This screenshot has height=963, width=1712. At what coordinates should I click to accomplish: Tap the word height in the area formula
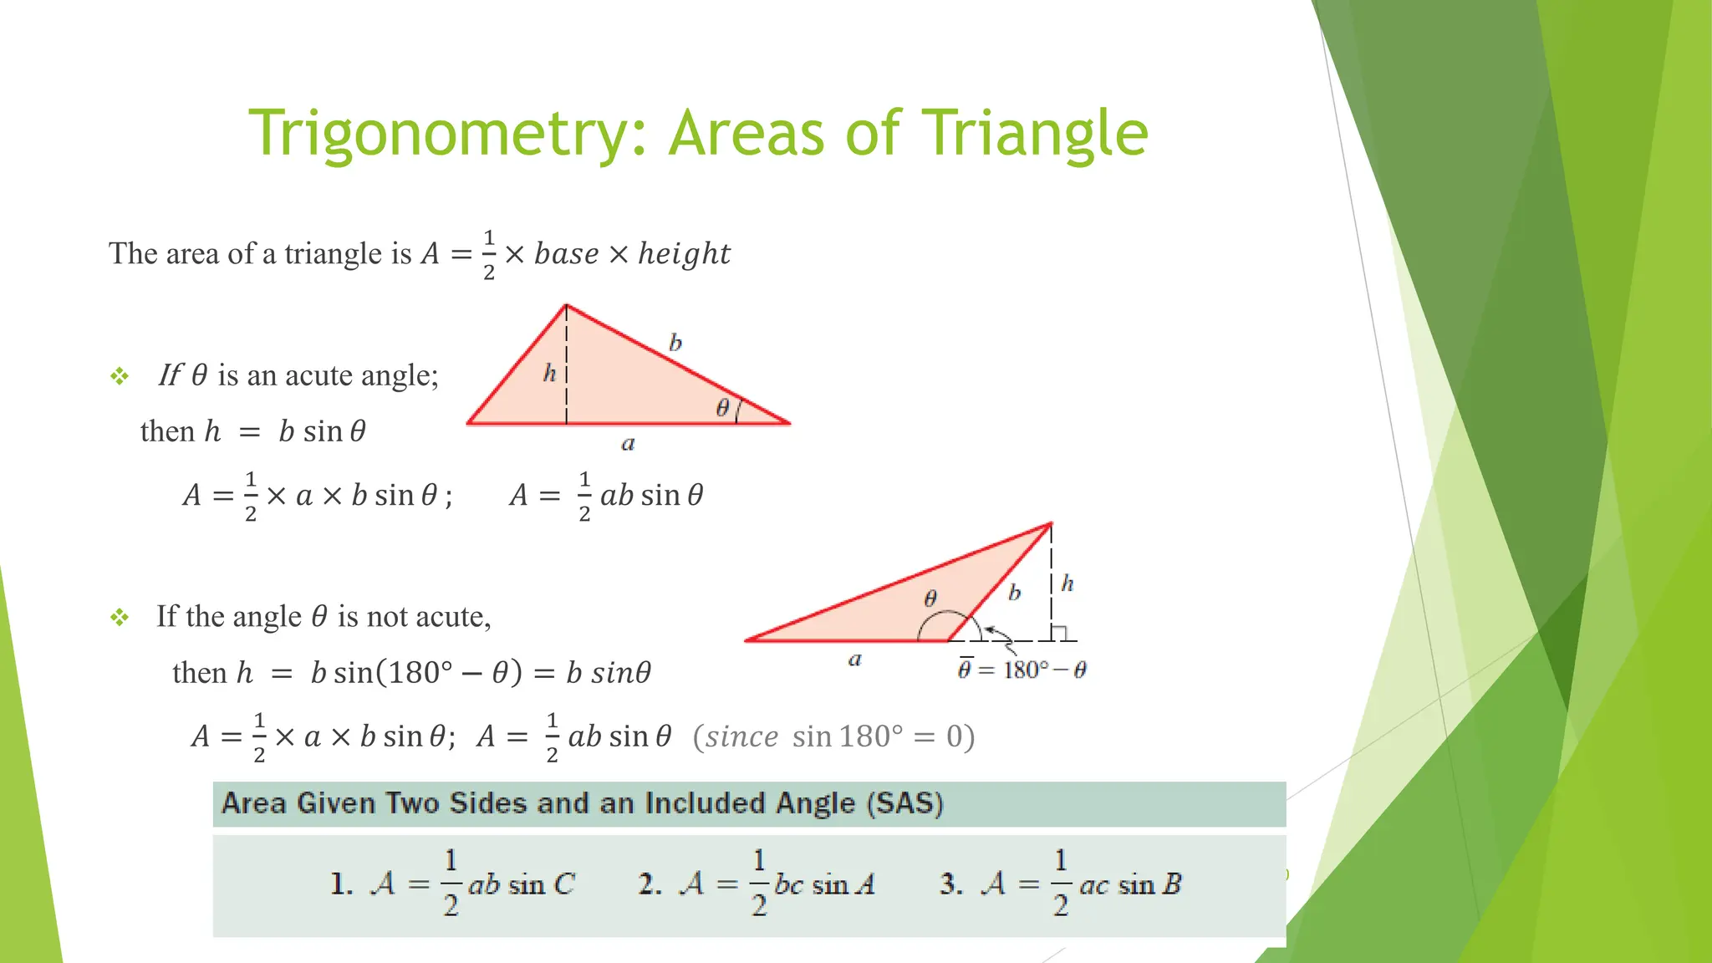click(x=684, y=253)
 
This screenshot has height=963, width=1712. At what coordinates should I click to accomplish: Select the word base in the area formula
click(x=566, y=253)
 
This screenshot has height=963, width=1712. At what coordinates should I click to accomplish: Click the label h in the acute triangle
click(x=549, y=373)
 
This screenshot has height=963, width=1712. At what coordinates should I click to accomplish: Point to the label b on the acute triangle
click(x=675, y=342)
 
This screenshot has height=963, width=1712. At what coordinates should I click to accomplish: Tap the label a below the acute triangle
click(x=628, y=444)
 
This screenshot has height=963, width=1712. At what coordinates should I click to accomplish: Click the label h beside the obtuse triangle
click(x=1067, y=583)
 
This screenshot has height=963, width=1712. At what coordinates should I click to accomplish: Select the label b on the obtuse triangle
click(x=1014, y=593)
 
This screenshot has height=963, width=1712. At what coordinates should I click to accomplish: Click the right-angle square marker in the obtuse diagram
click(x=1059, y=634)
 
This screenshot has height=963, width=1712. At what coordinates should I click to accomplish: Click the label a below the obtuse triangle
click(x=854, y=660)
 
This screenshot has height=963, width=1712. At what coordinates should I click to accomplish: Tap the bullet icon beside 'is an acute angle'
click(x=120, y=376)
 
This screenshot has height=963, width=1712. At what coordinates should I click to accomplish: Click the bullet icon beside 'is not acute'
click(x=120, y=618)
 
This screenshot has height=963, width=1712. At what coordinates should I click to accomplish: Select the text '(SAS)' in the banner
click(x=905, y=803)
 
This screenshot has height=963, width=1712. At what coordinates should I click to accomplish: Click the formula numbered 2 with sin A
click(x=757, y=884)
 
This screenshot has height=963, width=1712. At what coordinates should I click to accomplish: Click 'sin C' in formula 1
click(x=542, y=884)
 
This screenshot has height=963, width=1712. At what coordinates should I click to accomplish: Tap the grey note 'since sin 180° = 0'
click(x=833, y=736)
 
